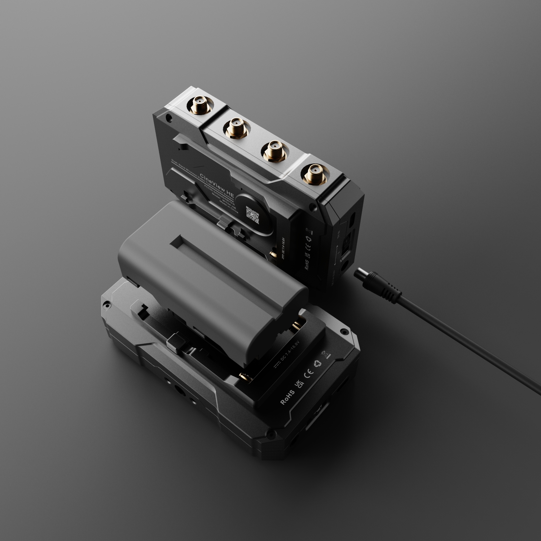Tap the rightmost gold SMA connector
[313, 176]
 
